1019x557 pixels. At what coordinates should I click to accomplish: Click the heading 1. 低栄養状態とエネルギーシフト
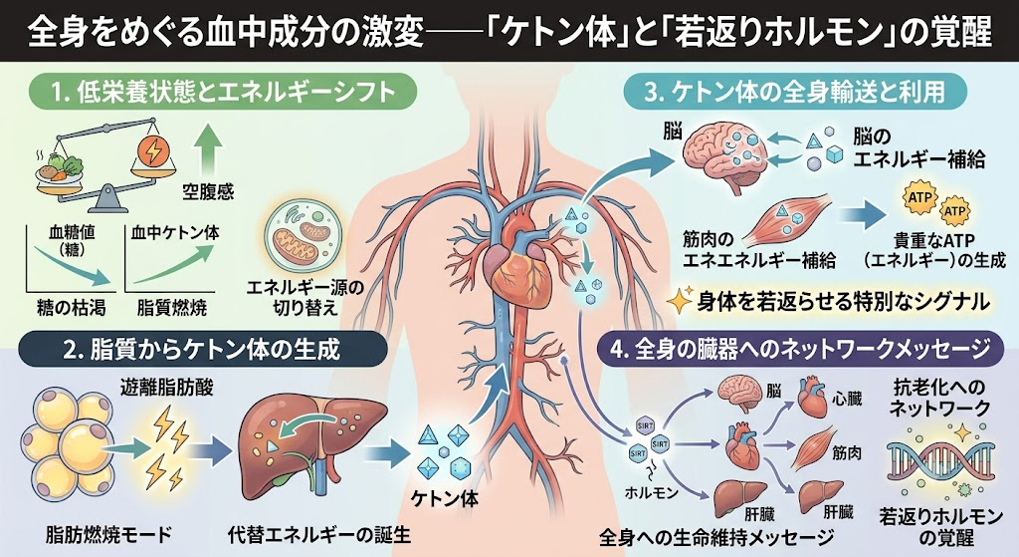(223, 91)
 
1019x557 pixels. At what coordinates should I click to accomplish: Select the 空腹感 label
(208, 192)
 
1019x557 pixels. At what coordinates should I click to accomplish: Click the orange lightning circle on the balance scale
(154, 151)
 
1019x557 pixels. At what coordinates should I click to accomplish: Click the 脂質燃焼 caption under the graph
(171, 307)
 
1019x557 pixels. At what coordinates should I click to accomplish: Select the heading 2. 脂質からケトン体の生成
(201, 350)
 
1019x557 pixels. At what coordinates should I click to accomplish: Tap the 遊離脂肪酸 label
(166, 388)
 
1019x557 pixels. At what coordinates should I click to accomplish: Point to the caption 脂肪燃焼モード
(108, 535)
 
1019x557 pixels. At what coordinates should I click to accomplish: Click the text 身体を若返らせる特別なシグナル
(842, 301)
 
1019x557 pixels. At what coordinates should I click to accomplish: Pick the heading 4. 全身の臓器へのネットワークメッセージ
(799, 350)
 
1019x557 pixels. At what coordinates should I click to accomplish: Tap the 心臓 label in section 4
(847, 398)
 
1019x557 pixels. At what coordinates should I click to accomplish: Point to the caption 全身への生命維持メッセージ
(716, 537)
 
